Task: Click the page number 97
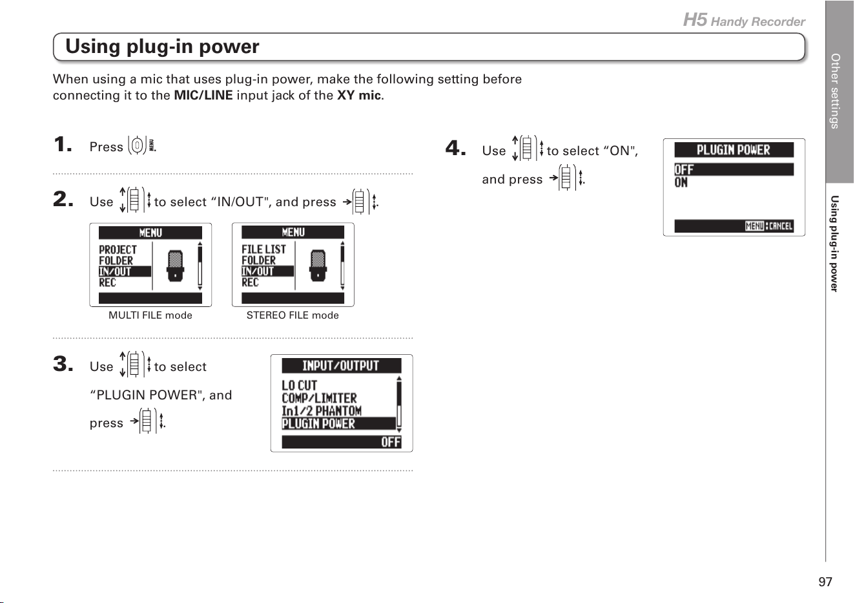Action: point(825,582)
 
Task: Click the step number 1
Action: point(63,144)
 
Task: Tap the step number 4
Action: point(455,148)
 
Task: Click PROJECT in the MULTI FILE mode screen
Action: point(118,249)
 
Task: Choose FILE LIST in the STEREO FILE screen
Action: point(263,249)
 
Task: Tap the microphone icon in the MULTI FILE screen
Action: point(175,266)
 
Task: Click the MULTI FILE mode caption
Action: point(150,315)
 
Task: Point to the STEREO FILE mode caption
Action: point(293,315)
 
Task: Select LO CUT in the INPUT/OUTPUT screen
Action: point(299,385)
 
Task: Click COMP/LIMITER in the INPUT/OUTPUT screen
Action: point(319,398)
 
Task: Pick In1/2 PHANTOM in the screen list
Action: point(322,411)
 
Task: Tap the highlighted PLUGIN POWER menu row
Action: point(339,423)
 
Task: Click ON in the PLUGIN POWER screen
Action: point(681,183)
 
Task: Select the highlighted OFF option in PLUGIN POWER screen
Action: point(734,169)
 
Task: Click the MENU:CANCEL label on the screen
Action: point(768,226)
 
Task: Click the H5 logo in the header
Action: point(695,19)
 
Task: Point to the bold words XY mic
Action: point(359,95)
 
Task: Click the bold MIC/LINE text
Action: point(203,95)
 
